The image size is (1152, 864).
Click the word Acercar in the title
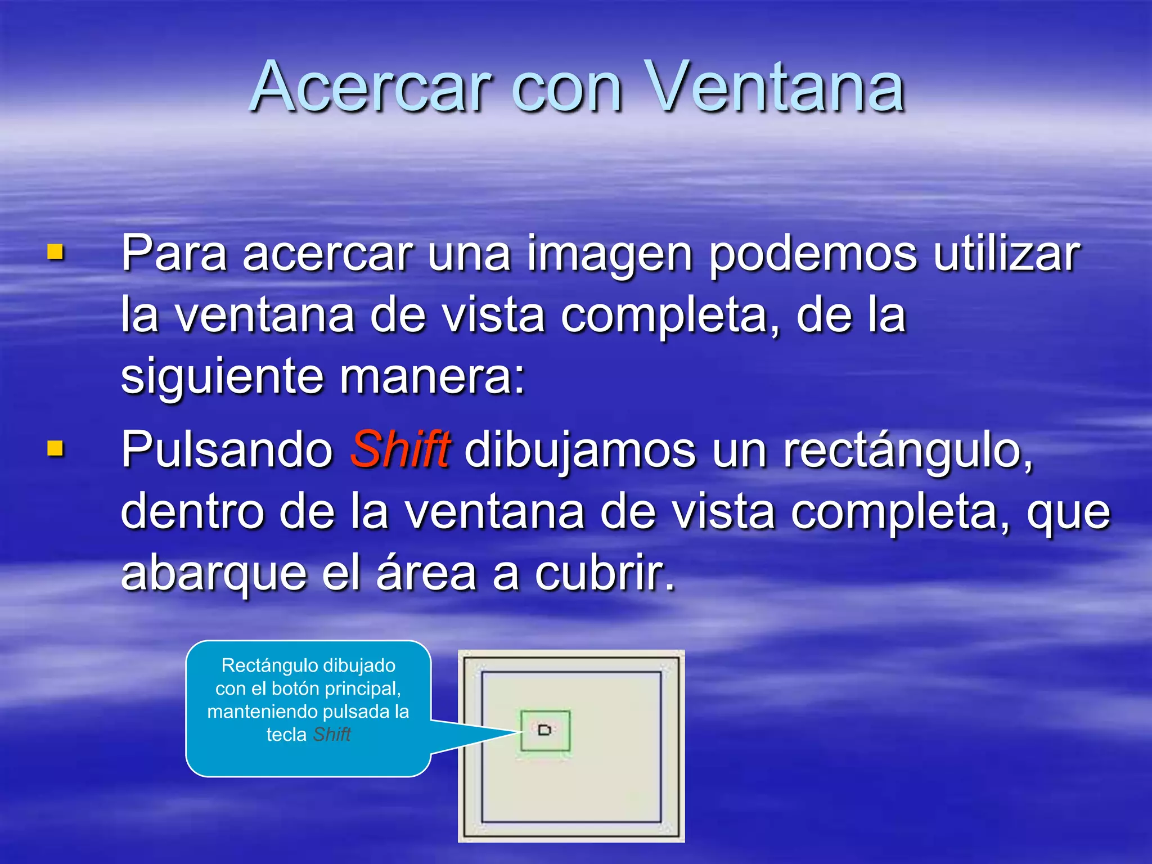(371, 87)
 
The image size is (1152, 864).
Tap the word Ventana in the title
(776, 87)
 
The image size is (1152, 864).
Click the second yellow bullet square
(55, 448)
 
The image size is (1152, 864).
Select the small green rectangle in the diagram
(545, 731)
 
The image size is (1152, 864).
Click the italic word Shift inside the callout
(332, 735)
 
